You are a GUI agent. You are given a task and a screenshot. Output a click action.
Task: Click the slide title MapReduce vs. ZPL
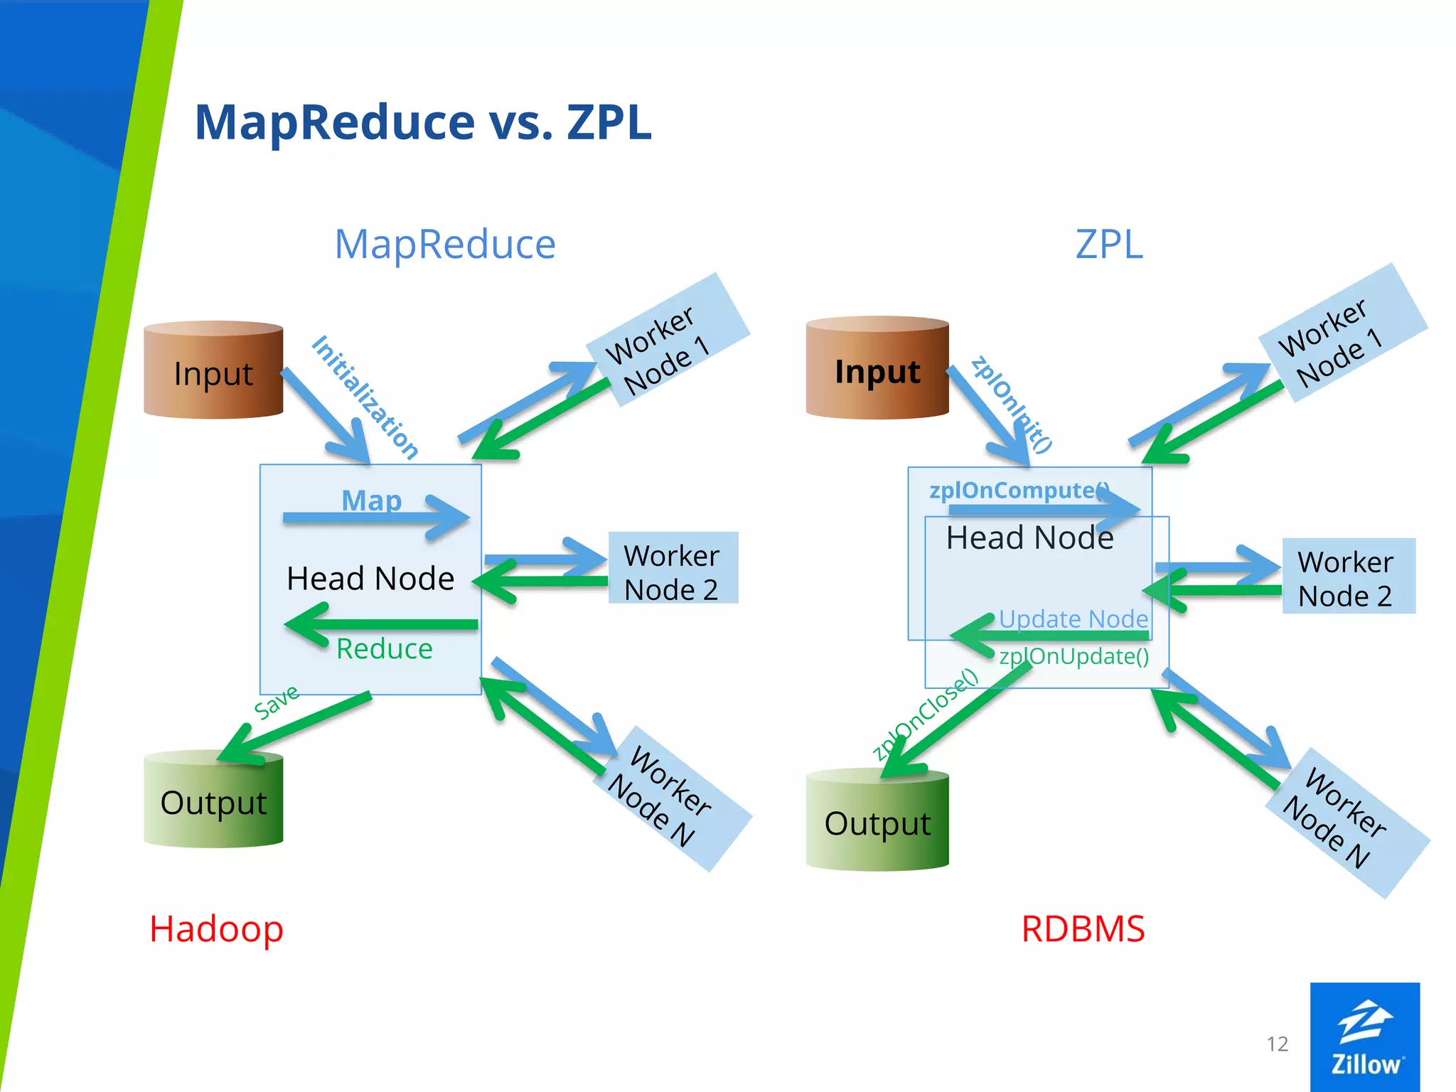click(422, 122)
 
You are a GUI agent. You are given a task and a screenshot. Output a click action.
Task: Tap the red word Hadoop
click(216, 928)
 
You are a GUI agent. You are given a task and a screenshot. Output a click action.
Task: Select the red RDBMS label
click(1082, 928)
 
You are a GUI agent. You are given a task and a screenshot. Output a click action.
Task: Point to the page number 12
click(1277, 1044)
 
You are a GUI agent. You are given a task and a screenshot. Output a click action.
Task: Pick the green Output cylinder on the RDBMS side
click(877, 823)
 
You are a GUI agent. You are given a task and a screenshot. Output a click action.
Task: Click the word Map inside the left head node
click(371, 500)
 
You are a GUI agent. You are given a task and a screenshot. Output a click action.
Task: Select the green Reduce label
click(384, 648)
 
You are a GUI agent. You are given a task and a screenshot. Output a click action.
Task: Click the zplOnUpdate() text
click(1074, 655)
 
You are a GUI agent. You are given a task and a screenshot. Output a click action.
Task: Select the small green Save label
click(277, 702)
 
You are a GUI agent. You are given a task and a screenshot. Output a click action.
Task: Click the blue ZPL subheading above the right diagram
click(1108, 245)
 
